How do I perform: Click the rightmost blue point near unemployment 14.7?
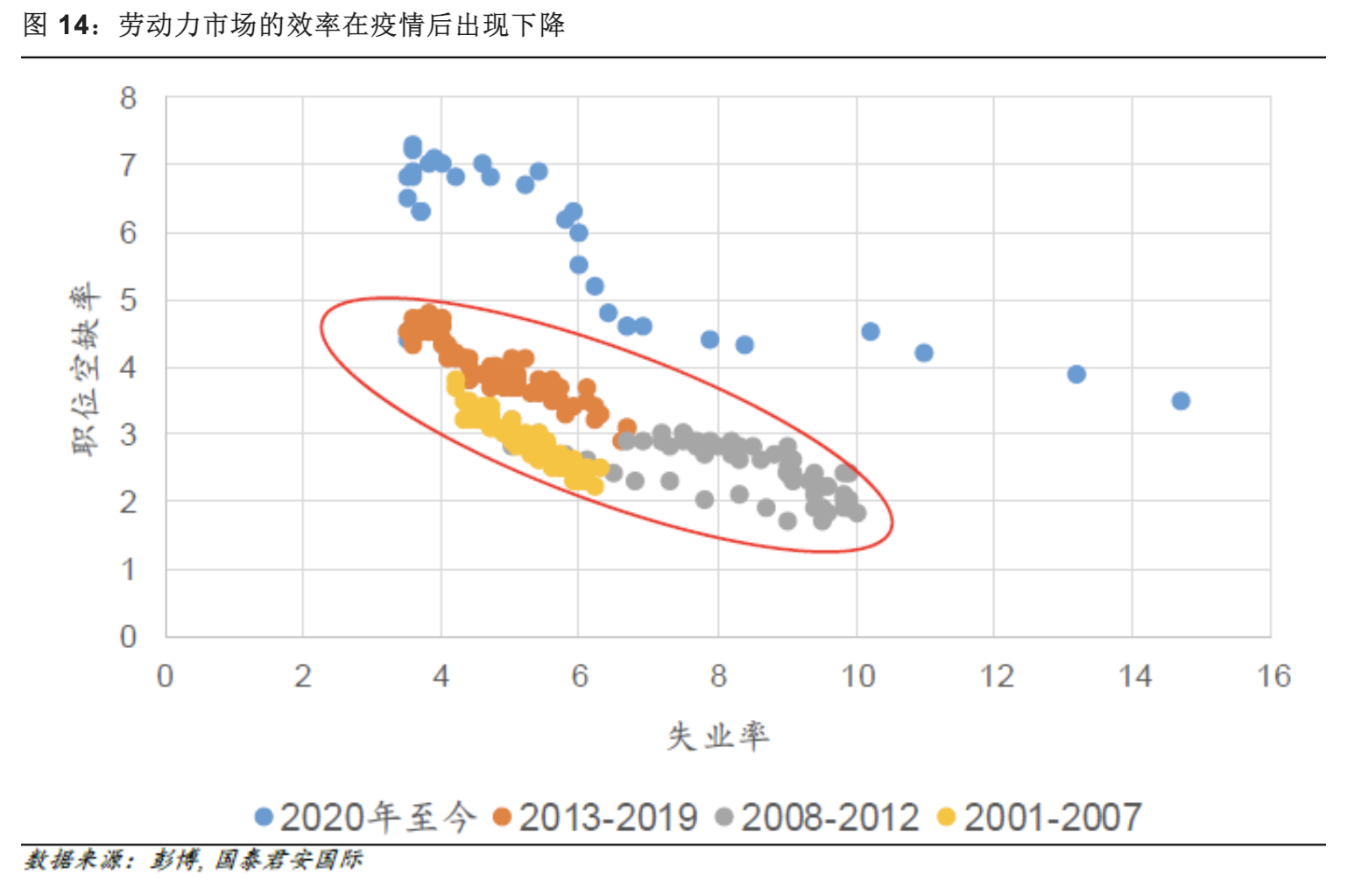(1181, 401)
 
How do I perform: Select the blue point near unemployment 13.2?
(1076, 374)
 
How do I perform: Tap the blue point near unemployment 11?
(924, 353)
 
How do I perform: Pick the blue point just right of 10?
(870, 331)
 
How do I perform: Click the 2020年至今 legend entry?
(366, 817)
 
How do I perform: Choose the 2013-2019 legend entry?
(596, 817)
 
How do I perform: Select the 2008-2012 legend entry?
(818, 817)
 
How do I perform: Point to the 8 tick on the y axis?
(129, 98)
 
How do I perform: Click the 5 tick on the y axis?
(129, 300)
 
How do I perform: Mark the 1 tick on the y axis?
(129, 570)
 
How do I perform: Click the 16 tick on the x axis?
(1273, 676)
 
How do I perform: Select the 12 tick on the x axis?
(997, 676)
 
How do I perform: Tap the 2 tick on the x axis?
(303, 676)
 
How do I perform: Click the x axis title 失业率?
(717, 736)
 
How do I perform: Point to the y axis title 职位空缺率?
(86, 368)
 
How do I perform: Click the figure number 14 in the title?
(77, 25)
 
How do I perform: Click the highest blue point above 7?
(413, 144)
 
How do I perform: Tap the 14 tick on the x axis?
(1135, 676)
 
